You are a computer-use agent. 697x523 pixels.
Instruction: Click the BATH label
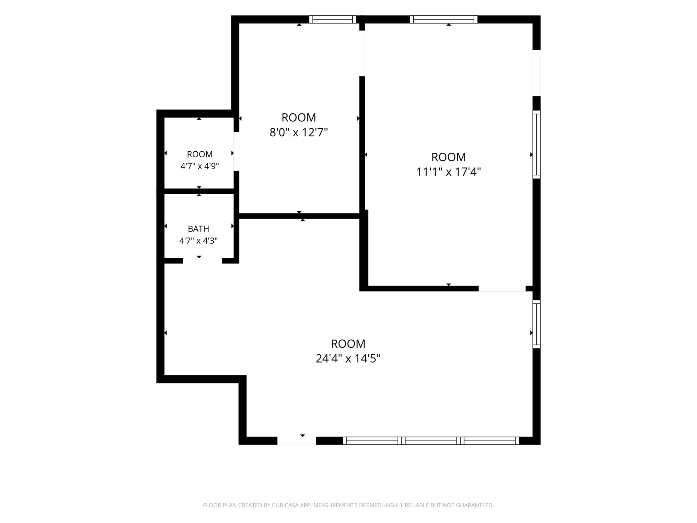[x=199, y=229]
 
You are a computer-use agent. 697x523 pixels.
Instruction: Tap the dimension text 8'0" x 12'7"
[x=299, y=132]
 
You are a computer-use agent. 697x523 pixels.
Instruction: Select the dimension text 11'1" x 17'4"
[x=449, y=172]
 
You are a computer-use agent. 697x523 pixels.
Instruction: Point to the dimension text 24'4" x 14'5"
[x=348, y=358]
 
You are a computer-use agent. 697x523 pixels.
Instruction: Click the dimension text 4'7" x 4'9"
[x=199, y=166]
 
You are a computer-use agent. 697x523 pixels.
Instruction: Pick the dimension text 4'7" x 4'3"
[x=198, y=241]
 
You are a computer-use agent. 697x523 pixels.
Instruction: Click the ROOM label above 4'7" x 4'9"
[x=200, y=154]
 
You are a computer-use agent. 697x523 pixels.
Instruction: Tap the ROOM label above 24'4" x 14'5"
[x=348, y=344]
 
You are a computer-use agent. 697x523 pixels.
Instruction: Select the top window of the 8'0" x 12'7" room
[x=332, y=20]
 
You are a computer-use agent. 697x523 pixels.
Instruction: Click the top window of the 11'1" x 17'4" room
[x=444, y=20]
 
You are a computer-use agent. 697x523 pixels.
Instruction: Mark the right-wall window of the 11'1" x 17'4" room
[x=537, y=145]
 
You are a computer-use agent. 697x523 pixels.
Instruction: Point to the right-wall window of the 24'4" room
[x=537, y=324]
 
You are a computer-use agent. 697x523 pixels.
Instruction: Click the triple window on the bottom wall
[x=431, y=441]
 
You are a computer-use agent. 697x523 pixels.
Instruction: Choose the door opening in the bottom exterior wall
[x=297, y=441]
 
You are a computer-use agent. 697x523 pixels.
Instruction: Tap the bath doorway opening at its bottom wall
[x=202, y=260]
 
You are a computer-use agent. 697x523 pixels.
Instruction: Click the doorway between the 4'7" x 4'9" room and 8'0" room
[x=236, y=151]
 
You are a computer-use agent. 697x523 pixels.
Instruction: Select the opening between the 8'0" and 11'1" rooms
[x=362, y=53]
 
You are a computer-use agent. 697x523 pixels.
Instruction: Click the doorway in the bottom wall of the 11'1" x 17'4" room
[x=502, y=288]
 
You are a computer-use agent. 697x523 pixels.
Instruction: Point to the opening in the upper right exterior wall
[x=537, y=73]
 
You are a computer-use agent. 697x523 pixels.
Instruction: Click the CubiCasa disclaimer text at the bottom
[x=348, y=505]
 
